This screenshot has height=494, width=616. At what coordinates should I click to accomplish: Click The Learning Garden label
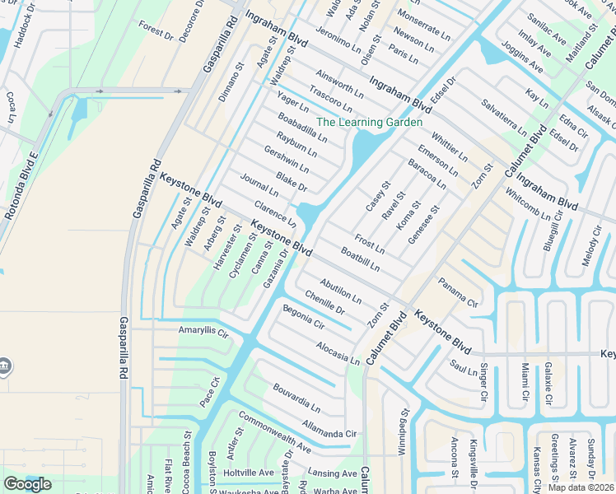[369, 122]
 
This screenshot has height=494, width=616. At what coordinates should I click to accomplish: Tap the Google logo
[27, 484]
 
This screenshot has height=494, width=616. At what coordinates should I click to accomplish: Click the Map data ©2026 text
[581, 487]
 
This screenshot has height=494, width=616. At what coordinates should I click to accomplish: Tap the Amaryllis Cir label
[203, 330]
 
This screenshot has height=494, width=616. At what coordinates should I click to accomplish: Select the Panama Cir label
[458, 292]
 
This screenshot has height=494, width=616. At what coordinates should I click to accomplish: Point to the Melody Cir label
[592, 244]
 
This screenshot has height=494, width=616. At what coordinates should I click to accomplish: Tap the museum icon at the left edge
[4, 365]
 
